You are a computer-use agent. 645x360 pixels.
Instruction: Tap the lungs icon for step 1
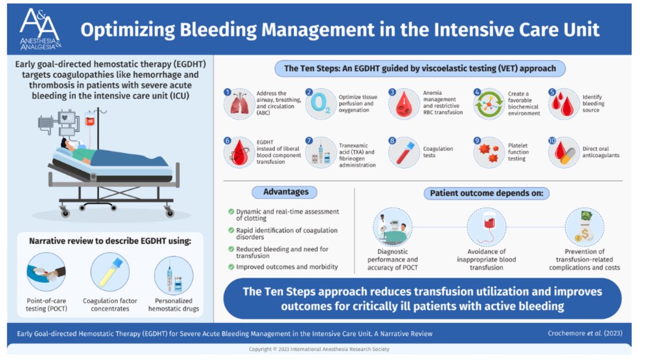tap(240, 104)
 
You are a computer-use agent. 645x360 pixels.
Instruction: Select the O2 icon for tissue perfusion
tap(321, 104)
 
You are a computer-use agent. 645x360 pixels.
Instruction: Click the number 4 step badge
tap(477, 92)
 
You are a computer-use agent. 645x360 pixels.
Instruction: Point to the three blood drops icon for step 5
tap(564, 104)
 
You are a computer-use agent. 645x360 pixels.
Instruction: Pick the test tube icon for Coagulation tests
tap(403, 153)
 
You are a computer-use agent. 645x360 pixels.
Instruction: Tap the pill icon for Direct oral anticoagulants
tap(564, 153)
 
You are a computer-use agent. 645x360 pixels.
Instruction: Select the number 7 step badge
tap(309, 141)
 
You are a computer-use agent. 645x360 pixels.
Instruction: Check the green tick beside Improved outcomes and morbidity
tap(231, 267)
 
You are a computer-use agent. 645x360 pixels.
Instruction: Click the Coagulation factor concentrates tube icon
tap(110, 272)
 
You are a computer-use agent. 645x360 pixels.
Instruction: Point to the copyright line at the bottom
tap(322, 349)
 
